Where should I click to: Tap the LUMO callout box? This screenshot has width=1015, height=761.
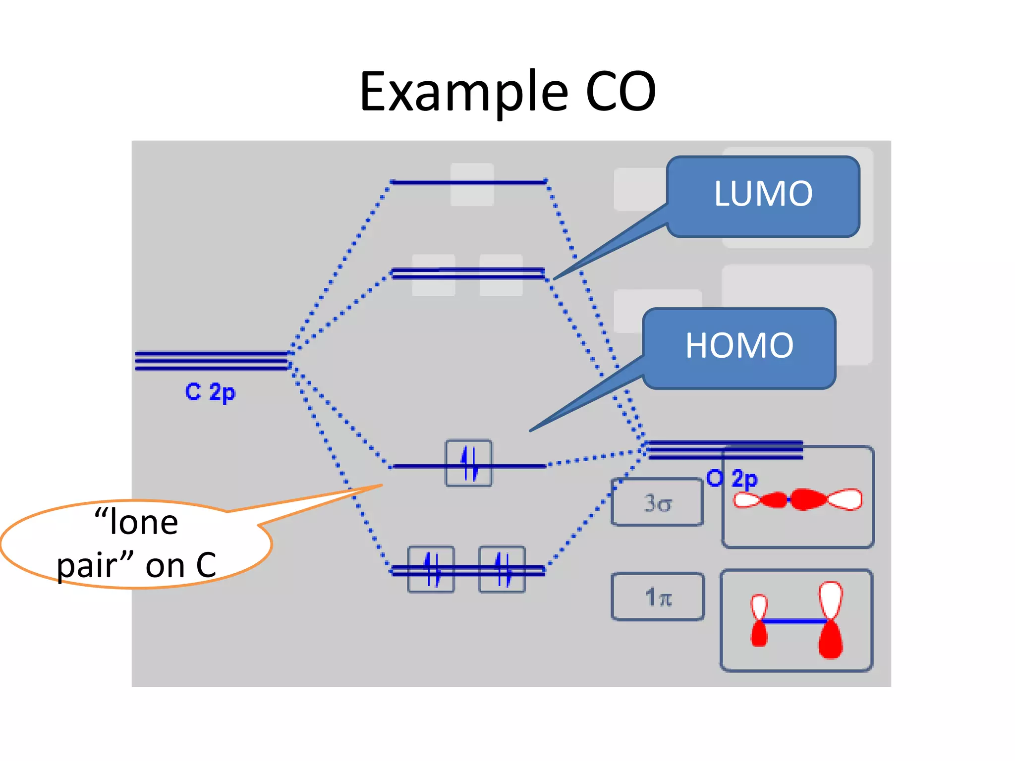(763, 196)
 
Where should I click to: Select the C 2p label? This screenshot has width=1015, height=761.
(210, 392)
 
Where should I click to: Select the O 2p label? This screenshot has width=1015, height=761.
(732, 479)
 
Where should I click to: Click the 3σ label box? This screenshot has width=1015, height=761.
(657, 502)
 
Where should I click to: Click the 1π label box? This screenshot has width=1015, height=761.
(658, 597)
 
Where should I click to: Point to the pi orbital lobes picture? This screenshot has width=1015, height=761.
(796, 620)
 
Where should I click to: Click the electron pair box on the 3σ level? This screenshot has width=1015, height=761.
(469, 463)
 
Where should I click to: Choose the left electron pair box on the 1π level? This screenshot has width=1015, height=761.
(431, 569)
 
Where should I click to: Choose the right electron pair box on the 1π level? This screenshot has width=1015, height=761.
(502, 569)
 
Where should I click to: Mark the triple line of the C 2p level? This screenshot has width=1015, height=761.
(211, 361)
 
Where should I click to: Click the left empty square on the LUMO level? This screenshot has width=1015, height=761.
(434, 275)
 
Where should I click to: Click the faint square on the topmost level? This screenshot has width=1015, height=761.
(472, 185)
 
